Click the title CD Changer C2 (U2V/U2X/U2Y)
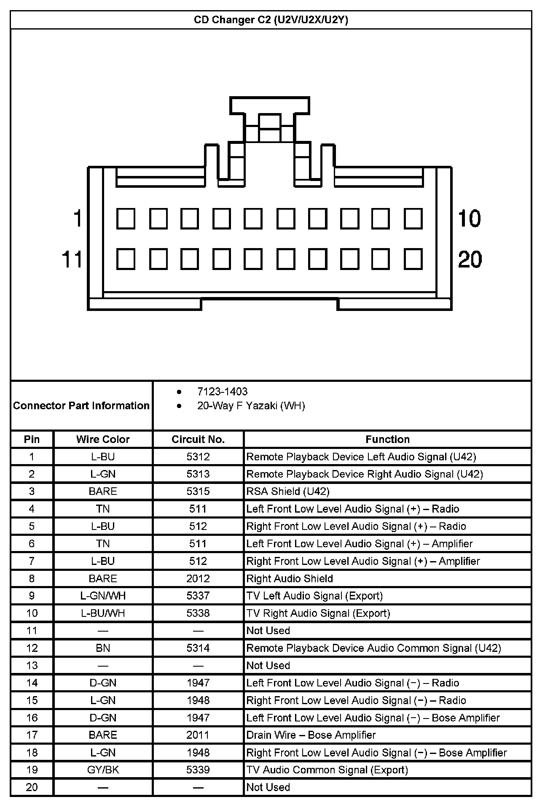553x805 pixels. click(x=271, y=20)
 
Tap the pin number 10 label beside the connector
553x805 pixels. click(x=469, y=219)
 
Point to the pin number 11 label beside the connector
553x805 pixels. click(x=72, y=259)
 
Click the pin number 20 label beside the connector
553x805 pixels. click(x=470, y=259)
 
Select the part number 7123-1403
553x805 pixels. click(x=222, y=392)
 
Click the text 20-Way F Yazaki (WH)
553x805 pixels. click(x=251, y=406)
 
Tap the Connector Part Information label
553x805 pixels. click(x=81, y=406)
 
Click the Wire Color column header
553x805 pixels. click(x=103, y=440)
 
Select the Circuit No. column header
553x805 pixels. click(x=198, y=440)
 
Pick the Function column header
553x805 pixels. click(x=387, y=440)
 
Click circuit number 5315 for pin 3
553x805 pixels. click(x=198, y=492)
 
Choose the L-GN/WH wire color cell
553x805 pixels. click(x=103, y=596)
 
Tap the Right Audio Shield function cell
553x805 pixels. click(x=290, y=578)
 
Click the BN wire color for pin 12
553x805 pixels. click(x=103, y=648)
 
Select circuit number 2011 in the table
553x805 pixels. click(x=198, y=735)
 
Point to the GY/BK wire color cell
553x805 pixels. click(x=103, y=770)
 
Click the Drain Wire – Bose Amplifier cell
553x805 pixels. click(x=311, y=735)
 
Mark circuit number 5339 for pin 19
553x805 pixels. click(x=198, y=770)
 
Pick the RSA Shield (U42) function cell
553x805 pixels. click(x=288, y=492)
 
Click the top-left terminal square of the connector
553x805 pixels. click(x=126, y=219)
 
